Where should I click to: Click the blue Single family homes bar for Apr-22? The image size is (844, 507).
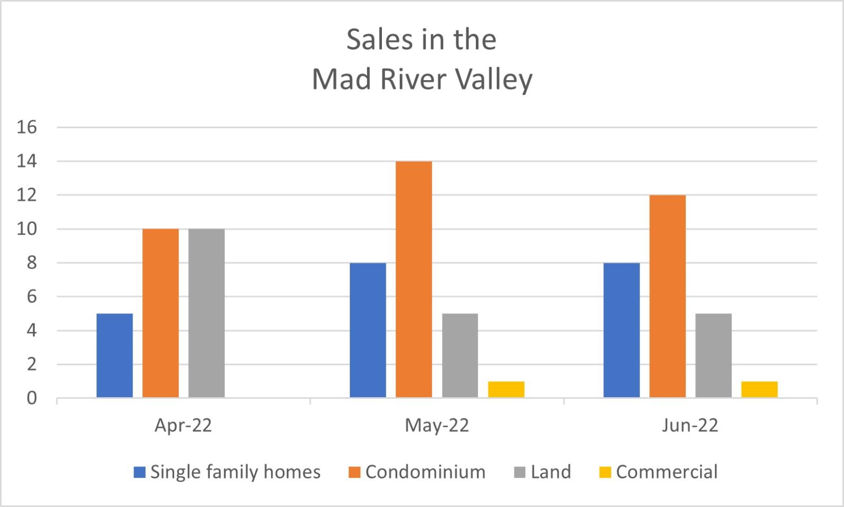(114, 355)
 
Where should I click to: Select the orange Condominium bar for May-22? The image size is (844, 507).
(414, 279)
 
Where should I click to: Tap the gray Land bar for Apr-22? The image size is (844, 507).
(206, 313)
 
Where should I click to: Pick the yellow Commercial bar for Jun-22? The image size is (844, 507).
(759, 389)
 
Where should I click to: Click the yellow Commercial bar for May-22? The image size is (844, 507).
(506, 389)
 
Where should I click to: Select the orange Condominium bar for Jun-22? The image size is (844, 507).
(667, 296)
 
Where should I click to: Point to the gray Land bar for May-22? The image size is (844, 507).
(460, 355)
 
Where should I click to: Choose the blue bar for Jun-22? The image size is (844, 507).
(621, 330)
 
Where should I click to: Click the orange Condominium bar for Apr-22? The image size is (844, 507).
(160, 313)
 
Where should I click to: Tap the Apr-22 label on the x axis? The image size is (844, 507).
(183, 425)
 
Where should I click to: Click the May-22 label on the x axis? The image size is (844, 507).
(437, 425)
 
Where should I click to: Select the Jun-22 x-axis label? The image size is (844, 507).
(690, 425)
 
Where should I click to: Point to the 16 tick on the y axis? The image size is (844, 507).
(26, 127)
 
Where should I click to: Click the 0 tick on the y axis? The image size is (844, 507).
(32, 398)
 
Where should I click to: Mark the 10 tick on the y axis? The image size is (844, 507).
(26, 229)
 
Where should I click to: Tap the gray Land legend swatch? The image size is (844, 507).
(520, 472)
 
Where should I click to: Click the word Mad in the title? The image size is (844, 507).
(341, 80)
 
